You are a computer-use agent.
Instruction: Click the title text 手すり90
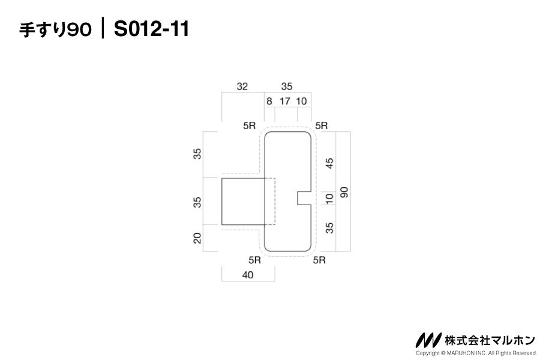(x=56, y=29)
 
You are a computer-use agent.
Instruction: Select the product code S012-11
(x=151, y=29)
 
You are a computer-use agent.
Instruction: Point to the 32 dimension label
(x=242, y=86)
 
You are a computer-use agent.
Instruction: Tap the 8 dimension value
(x=269, y=101)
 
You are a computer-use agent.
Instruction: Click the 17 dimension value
(x=285, y=101)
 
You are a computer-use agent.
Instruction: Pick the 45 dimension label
(x=329, y=163)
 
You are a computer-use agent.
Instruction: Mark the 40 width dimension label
(x=247, y=275)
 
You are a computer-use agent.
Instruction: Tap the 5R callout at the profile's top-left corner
(x=250, y=125)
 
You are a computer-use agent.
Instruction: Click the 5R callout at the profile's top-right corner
(x=322, y=125)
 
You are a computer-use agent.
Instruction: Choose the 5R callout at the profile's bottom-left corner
(x=254, y=260)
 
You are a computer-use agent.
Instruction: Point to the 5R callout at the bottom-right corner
(x=319, y=260)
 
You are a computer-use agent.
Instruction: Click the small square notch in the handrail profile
(x=304, y=198)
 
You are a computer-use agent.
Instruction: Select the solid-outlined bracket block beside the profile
(x=242, y=201)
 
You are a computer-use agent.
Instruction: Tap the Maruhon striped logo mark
(x=428, y=340)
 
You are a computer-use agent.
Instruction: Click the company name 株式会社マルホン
(x=490, y=340)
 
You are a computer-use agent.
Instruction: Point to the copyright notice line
(x=475, y=353)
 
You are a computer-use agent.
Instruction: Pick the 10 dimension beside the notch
(x=329, y=198)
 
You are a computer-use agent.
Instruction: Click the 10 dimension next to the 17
(x=301, y=101)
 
